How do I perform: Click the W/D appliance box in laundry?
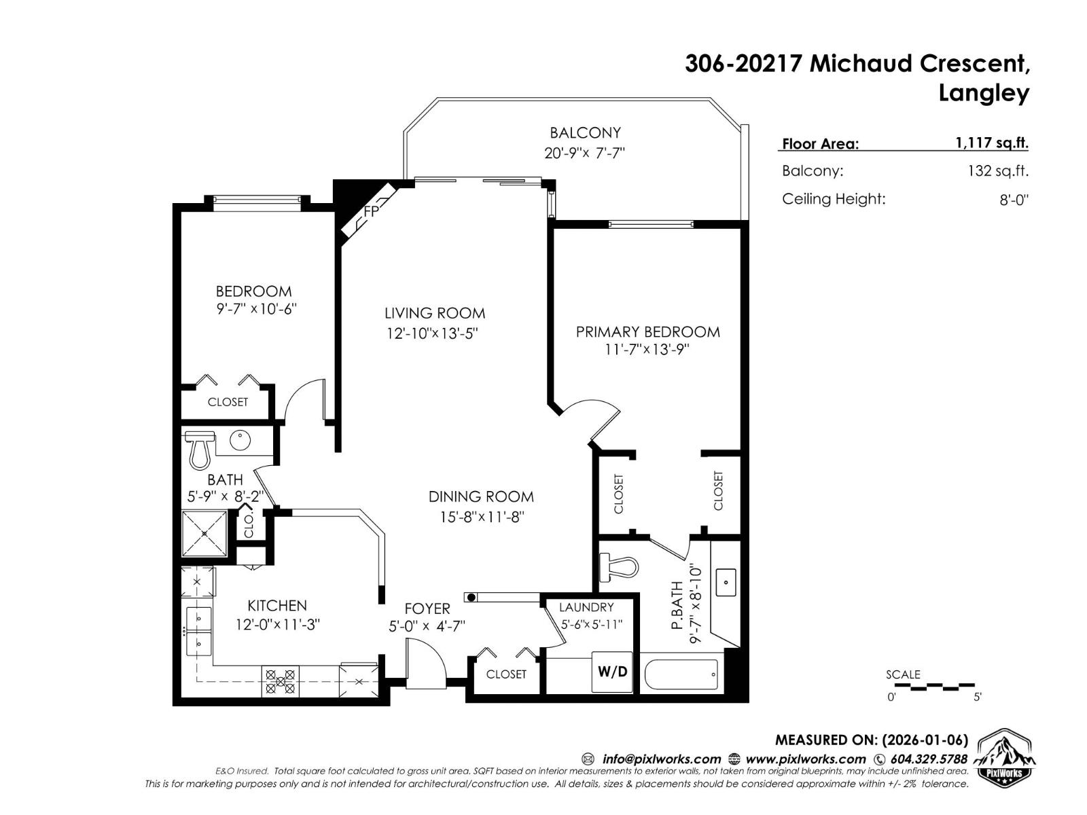pyautogui.click(x=612, y=672)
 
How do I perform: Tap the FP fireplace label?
pyautogui.click(x=370, y=212)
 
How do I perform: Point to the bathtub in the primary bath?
pyautogui.click(x=679, y=674)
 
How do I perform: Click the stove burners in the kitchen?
pyautogui.click(x=281, y=681)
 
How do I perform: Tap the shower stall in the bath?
pyautogui.click(x=204, y=533)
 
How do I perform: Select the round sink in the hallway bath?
pyautogui.click(x=240, y=441)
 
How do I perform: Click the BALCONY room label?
pyautogui.click(x=585, y=132)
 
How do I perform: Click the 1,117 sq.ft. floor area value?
pyautogui.click(x=991, y=143)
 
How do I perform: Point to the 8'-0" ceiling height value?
pyautogui.click(x=1014, y=200)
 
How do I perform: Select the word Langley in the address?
pyautogui.click(x=983, y=93)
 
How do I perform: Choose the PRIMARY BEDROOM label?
pyautogui.click(x=647, y=331)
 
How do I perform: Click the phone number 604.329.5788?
pyautogui.click(x=928, y=759)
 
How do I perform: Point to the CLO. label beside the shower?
pyautogui.click(x=249, y=526)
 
